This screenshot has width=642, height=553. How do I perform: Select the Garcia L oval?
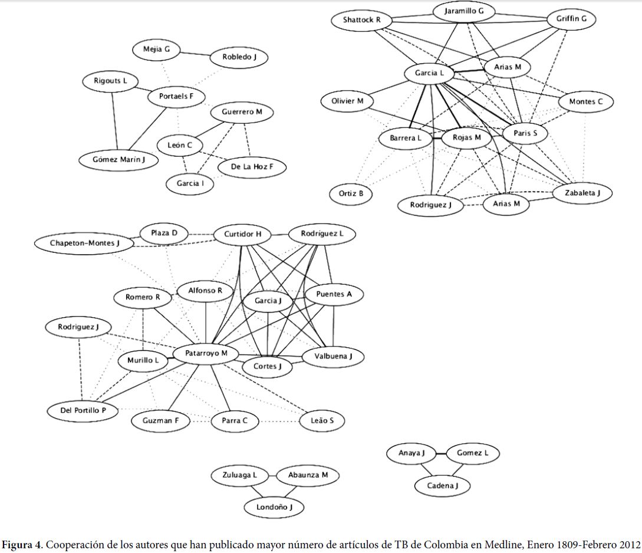point(429,73)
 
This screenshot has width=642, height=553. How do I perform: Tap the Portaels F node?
point(176,97)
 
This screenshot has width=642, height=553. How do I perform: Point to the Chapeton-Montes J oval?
point(84,242)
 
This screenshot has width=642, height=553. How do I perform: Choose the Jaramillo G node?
point(464,11)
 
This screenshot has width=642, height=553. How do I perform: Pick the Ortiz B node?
point(351,193)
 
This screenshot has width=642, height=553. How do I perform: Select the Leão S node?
point(322,420)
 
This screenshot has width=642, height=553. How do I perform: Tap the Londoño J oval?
point(275,506)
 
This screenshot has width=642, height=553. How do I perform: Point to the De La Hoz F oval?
point(251,167)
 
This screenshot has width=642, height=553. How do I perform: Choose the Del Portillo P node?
point(81,410)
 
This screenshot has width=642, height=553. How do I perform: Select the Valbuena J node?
point(333,356)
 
